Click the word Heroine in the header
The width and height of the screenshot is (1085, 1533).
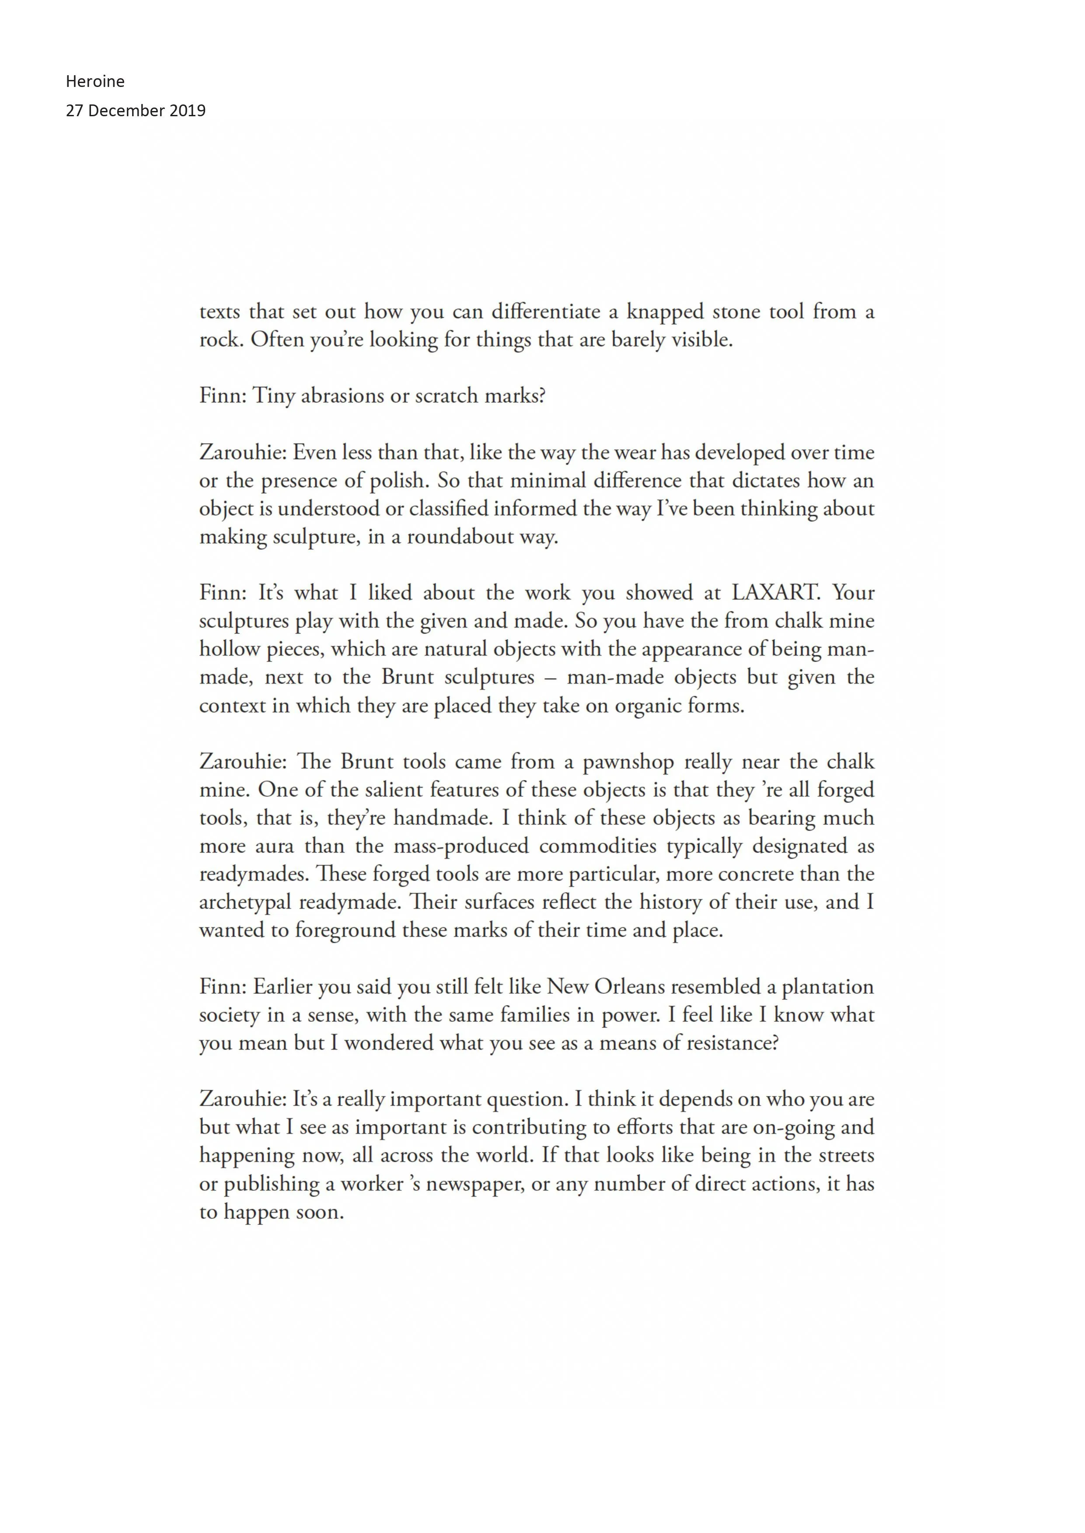[x=95, y=81]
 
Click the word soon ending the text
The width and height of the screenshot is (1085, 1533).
[x=319, y=1213]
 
